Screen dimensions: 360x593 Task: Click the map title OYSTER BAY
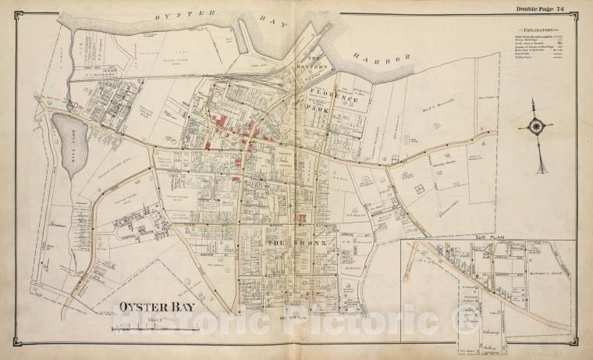(x=156, y=306)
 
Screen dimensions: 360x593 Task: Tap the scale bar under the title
(x=156, y=328)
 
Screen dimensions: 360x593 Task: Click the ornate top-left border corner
(x=17, y=13)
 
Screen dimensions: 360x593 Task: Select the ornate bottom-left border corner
(x=17, y=346)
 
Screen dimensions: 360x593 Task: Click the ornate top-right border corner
(x=576, y=13)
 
